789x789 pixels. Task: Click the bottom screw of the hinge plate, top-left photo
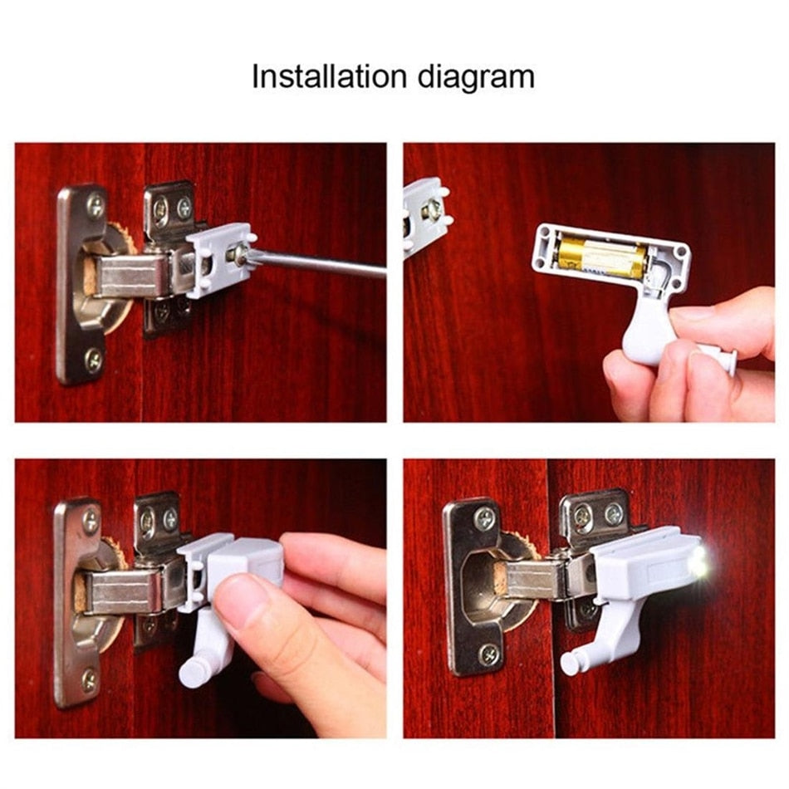click(x=94, y=360)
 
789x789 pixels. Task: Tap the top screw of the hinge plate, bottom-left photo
click(x=91, y=521)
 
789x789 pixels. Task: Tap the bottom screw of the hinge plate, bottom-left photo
click(x=89, y=680)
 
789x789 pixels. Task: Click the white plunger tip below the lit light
click(x=571, y=663)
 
